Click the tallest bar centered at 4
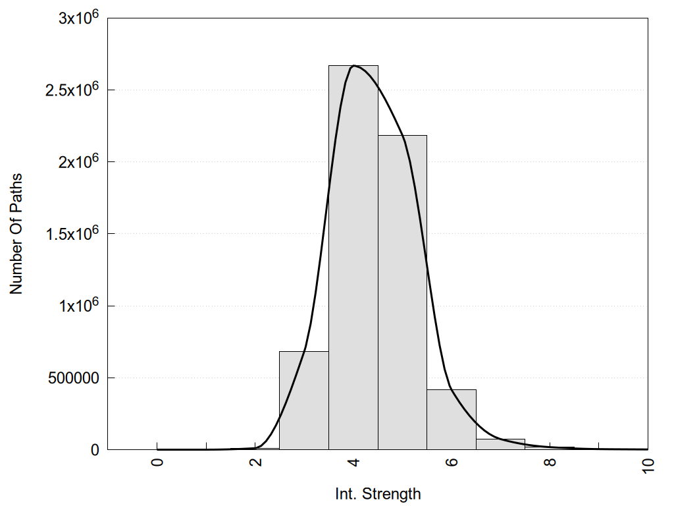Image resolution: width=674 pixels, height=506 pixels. (x=353, y=257)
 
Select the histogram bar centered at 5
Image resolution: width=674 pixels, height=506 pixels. (x=402, y=293)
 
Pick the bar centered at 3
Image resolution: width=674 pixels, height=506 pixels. (x=304, y=401)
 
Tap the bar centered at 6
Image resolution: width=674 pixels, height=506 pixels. (x=452, y=420)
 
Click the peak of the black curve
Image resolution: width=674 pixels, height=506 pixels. (x=354, y=66)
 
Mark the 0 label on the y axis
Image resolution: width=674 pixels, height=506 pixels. (x=94, y=450)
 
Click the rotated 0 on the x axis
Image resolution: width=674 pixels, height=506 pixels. (x=157, y=463)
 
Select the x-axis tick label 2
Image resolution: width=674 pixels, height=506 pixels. (x=255, y=463)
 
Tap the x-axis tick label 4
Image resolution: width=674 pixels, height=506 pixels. (x=353, y=463)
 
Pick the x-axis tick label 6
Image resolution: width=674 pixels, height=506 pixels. (x=452, y=463)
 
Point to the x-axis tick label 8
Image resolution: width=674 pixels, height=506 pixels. (x=550, y=463)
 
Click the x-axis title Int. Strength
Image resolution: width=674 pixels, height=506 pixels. (x=377, y=493)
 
